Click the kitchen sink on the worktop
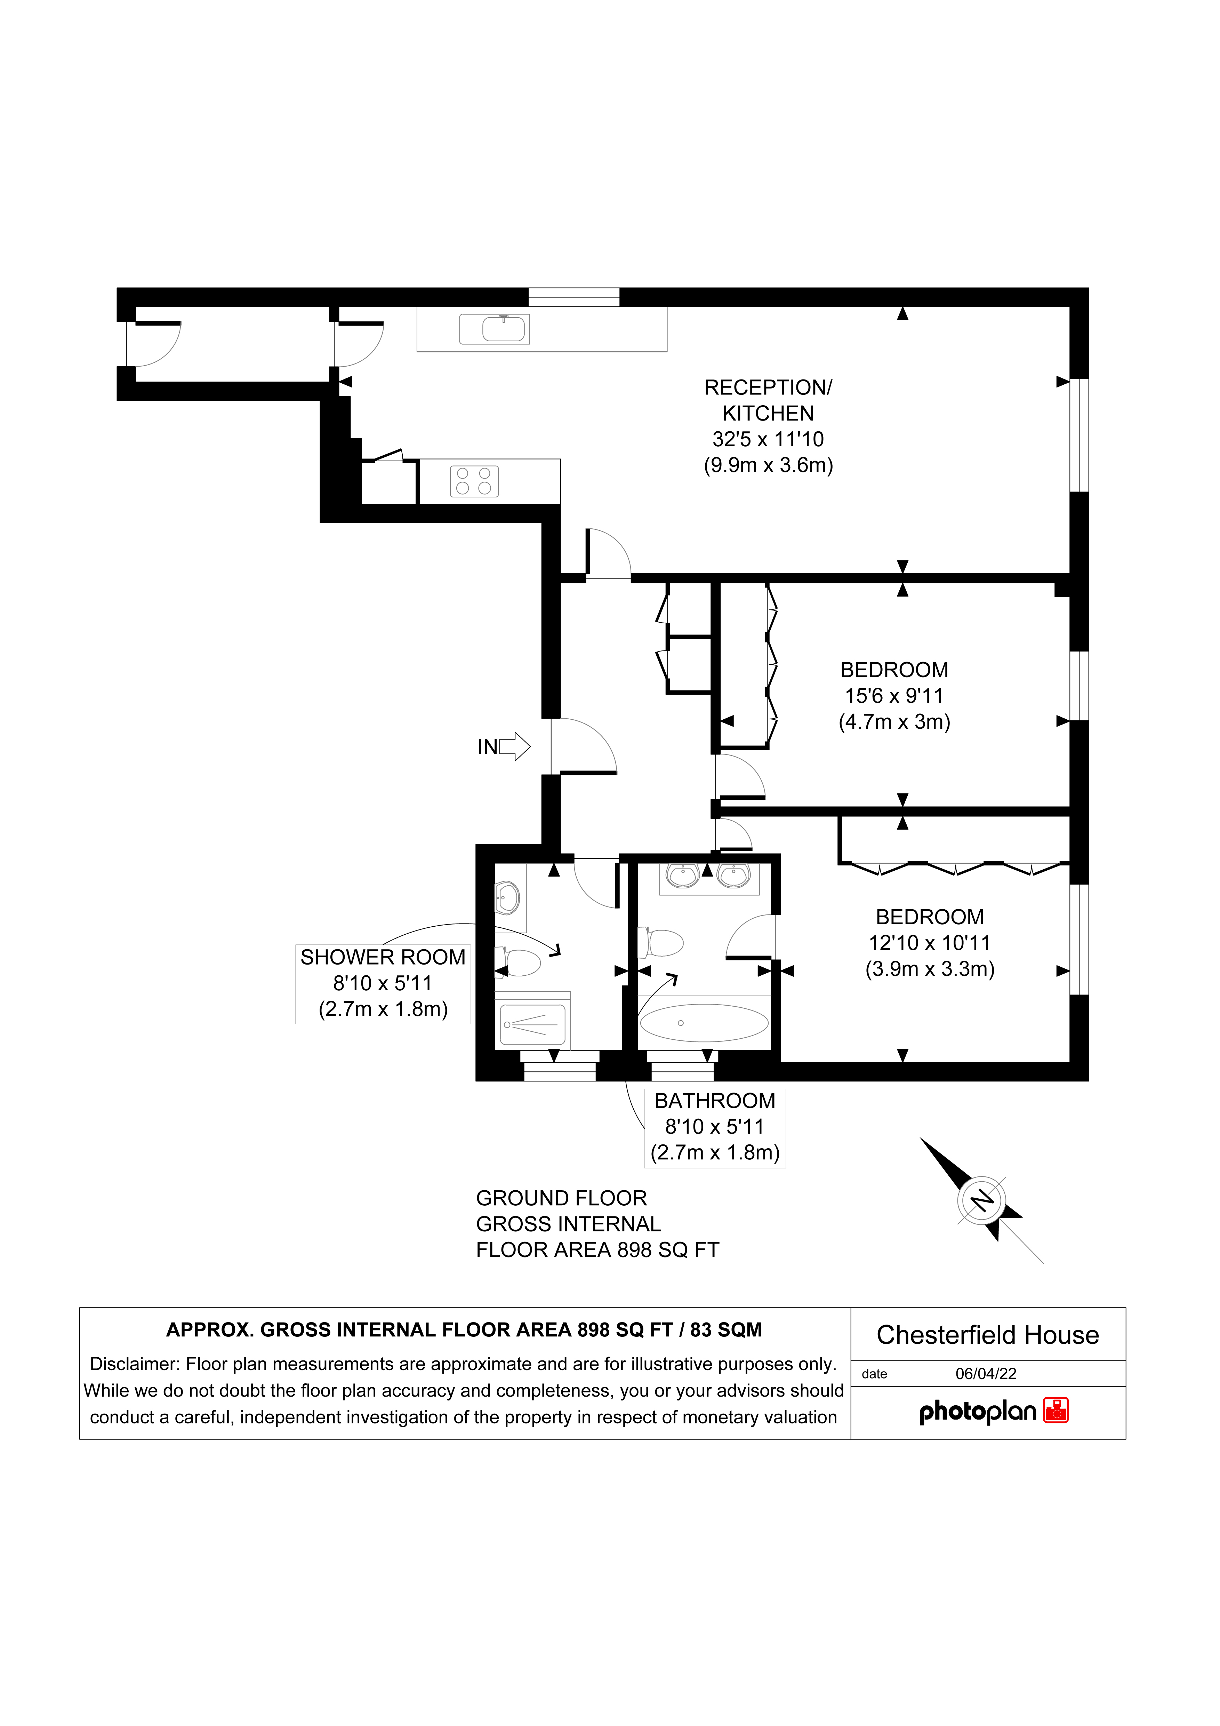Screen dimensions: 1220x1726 point(494,329)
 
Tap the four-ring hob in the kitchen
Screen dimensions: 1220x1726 point(474,481)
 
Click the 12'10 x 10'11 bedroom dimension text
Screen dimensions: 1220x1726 point(930,943)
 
